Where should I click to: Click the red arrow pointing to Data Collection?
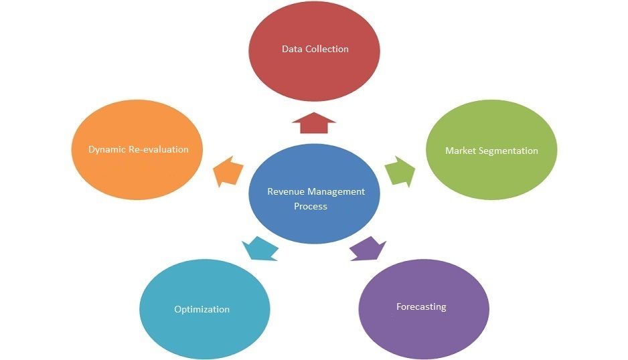[x=314, y=123]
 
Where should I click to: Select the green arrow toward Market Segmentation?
[x=400, y=171]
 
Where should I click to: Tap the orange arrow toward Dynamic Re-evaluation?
[x=228, y=171]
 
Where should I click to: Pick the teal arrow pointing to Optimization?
[x=260, y=249]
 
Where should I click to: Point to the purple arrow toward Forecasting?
[x=368, y=249]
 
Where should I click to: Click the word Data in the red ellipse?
[x=292, y=49]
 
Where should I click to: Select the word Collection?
[x=327, y=49]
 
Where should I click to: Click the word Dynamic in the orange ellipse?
[x=107, y=150]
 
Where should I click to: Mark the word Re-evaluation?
[x=159, y=149]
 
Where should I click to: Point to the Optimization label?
[x=202, y=310]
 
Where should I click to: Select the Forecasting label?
[x=421, y=307]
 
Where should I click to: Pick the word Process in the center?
[x=311, y=206]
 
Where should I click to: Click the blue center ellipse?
[x=315, y=193]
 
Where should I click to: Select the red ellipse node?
[x=315, y=51]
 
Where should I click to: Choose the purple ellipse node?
[x=424, y=309]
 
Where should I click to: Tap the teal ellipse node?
[x=205, y=309]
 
